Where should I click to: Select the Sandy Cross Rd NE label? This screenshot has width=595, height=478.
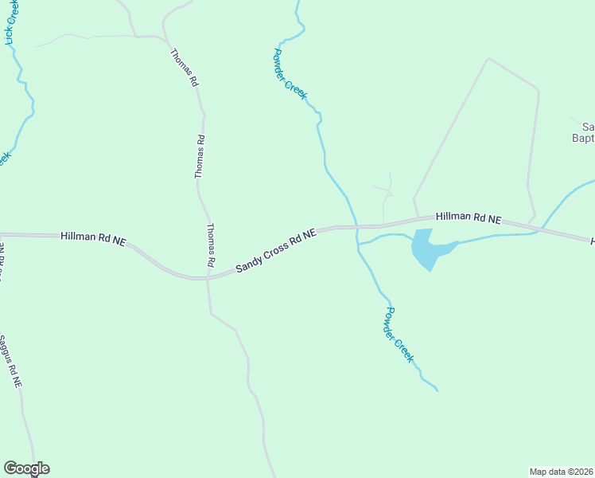click(x=276, y=251)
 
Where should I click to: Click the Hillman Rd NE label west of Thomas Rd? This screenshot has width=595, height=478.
click(x=93, y=237)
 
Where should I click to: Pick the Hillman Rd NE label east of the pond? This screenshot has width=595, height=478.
click(x=469, y=217)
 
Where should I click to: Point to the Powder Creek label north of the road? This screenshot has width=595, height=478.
click(x=290, y=73)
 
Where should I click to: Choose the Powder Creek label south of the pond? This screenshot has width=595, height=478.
click(x=399, y=335)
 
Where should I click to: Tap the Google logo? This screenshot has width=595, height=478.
click(x=26, y=468)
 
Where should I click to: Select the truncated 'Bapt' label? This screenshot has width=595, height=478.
click(x=583, y=139)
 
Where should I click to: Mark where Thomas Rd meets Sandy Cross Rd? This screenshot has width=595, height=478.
click(x=208, y=278)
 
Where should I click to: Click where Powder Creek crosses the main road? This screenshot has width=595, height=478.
click(x=356, y=227)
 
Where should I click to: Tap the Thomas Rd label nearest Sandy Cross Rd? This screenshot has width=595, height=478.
click(x=211, y=245)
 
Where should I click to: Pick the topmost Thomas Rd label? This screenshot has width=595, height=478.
click(x=184, y=67)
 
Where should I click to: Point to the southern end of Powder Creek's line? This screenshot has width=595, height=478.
click(x=437, y=390)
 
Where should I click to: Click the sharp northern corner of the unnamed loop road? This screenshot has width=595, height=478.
click(x=488, y=58)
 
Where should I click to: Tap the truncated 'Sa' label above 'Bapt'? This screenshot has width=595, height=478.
click(x=588, y=126)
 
